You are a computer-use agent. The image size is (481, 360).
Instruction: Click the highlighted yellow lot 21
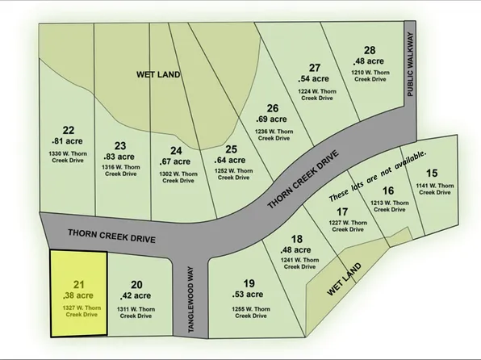[78, 295]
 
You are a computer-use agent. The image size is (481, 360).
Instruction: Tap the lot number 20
[136, 284]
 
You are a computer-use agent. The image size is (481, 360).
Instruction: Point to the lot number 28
[370, 50]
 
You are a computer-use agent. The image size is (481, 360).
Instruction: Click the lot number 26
[272, 109]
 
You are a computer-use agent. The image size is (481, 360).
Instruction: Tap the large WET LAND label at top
[157, 74]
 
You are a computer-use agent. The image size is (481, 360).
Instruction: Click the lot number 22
[69, 130]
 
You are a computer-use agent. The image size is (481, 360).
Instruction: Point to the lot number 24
[177, 150]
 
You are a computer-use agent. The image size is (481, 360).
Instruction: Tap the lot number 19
[249, 283]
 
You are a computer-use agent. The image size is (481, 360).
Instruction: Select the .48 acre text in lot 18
[297, 250]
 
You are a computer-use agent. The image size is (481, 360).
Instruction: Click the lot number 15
[432, 173]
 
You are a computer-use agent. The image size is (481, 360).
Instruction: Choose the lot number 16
[389, 191]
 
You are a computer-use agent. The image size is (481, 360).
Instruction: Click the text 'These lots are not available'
[378, 176]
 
